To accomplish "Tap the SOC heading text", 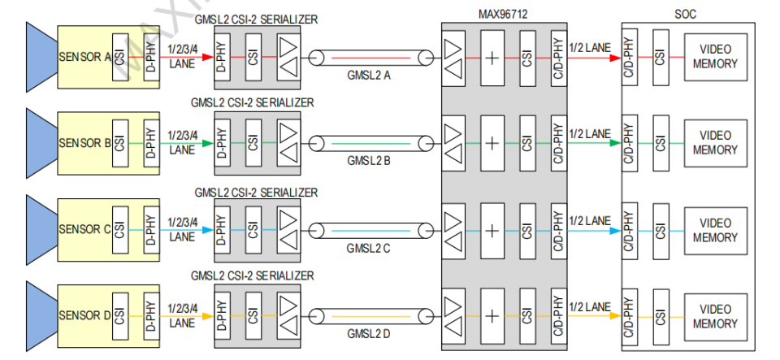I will (x=686, y=14).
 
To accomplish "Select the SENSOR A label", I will (x=84, y=57).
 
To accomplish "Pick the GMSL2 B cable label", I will (x=369, y=161).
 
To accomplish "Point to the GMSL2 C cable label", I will (x=369, y=248).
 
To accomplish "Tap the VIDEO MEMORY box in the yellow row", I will (x=715, y=317).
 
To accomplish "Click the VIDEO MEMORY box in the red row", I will (x=715, y=57).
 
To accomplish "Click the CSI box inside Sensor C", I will (x=119, y=230).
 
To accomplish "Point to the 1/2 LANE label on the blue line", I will (x=590, y=220).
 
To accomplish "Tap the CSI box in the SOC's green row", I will (x=660, y=144).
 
